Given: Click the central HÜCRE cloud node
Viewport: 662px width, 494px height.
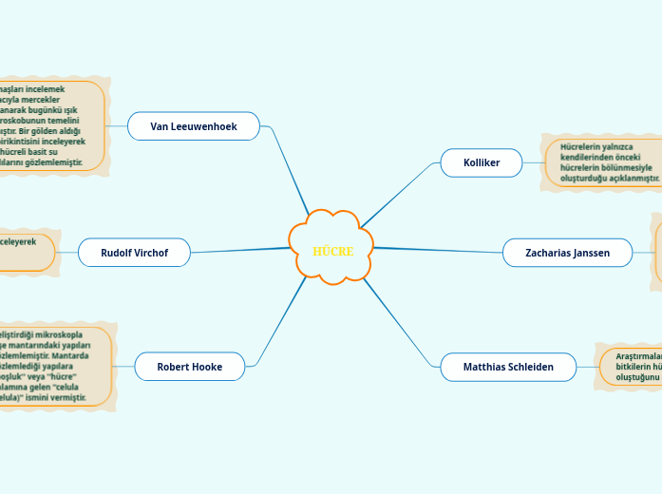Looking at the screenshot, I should click(x=331, y=249).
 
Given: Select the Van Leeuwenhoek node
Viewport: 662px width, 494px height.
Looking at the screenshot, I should click(x=194, y=125).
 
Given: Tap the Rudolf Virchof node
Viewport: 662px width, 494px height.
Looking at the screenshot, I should click(x=134, y=253).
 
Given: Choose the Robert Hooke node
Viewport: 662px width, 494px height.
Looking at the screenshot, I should click(x=189, y=366).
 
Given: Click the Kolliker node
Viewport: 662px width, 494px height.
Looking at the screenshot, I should click(x=482, y=162).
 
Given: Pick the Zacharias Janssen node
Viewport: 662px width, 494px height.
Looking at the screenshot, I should click(x=567, y=253).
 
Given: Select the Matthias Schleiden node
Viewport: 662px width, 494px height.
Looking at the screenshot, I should click(x=508, y=366).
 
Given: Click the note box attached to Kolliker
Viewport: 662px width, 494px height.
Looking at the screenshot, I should click(x=604, y=162).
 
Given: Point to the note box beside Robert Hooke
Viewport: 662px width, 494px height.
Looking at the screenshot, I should click(x=53, y=366).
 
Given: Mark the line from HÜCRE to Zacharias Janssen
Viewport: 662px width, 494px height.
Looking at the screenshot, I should click(x=437, y=250).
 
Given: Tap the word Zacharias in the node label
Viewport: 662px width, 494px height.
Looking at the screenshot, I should click(x=550, y=253).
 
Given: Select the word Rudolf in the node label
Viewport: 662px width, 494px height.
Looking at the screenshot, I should click(x=118, y=253).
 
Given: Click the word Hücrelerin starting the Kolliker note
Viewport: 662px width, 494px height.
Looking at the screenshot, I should click(x=580, y=147).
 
